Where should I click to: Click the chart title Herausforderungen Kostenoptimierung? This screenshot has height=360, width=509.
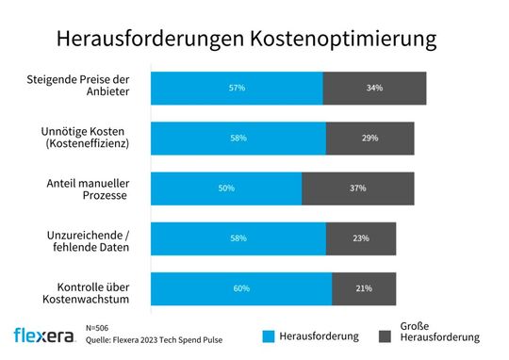click(246, 39)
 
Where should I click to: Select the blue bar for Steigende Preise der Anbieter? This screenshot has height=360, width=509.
click(237, 88)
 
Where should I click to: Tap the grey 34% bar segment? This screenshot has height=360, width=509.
click(374, 88)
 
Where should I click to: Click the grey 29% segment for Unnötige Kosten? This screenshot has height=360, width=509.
click(369, 138)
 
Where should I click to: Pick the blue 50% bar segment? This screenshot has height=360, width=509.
click(226, 188)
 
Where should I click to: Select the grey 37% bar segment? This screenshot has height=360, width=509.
click(357, 188)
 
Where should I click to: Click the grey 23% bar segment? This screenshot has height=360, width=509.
click(361, 238)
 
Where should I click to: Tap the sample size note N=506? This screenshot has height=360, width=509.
click(97, 326)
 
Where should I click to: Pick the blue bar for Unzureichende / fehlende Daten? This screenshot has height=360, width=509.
click(238, 238)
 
